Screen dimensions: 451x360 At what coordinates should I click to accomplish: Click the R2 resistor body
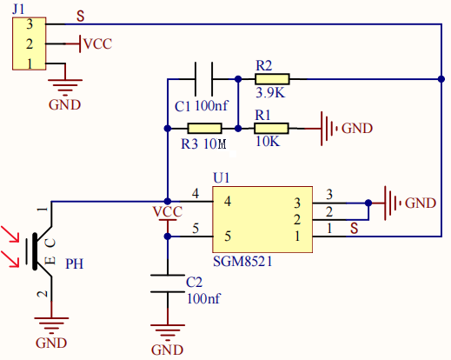click(x=272, y=79)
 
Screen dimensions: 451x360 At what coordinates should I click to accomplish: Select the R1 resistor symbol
click(x=271, y=128)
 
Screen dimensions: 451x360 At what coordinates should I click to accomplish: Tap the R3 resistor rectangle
click(x=205, y=128)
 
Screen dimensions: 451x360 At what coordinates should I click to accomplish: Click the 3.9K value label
click(x=270, y=93)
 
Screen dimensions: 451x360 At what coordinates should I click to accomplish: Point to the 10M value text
click(x=215, y=143)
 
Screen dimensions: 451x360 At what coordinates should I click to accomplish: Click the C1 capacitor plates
click(x=204, y=79)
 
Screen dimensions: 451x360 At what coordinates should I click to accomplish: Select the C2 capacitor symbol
click(x=168, y=283)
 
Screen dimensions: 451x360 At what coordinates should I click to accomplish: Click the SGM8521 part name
click(x=242, y=262)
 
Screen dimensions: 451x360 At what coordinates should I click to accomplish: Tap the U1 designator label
click(x=222, y=177)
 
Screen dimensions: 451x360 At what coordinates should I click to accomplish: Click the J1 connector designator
click(x=18, y=10)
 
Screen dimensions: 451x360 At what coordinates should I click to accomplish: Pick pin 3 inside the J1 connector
click(x=30, y=24)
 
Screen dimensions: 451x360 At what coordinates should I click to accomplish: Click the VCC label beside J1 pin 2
click(x=97, y=44)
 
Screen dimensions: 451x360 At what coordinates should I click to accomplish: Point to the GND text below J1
click(x=64, y=104)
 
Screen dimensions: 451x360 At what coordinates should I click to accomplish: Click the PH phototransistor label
click(x=75, y=263)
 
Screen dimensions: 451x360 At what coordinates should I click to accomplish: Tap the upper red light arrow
click(x=10, y=234)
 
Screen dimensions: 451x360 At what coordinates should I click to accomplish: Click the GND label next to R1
click(x=357, y=128)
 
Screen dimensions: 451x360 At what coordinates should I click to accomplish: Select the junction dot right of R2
click(x=441, y=79)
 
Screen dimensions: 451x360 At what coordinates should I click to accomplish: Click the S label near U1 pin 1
click(x=354, y=228)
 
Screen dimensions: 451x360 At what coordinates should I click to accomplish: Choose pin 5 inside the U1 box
click(x=228, y=237)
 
